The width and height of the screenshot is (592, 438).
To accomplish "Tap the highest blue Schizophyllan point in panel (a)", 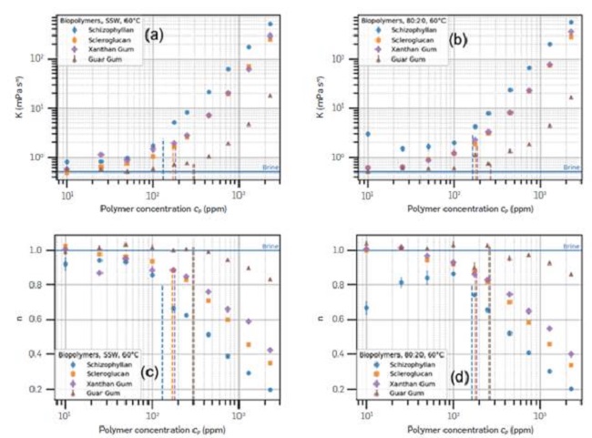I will (270, 24).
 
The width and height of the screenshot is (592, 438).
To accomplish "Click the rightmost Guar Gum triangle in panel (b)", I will (572, 97).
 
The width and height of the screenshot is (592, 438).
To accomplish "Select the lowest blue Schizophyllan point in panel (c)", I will (270, 389).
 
